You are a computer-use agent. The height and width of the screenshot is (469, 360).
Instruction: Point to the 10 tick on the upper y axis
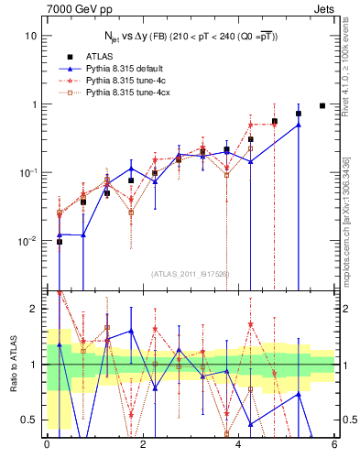tap(32, 36)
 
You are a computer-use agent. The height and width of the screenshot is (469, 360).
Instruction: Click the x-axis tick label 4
tap(238, 446)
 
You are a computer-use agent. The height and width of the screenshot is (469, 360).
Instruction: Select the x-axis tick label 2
tap(142, 446)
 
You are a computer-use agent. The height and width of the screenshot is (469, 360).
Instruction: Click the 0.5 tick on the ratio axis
tap(29, 420)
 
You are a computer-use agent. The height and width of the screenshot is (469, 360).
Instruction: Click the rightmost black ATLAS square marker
tap(322, 105)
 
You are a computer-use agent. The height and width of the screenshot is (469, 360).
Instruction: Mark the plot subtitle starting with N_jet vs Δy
tap(190, 35)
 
